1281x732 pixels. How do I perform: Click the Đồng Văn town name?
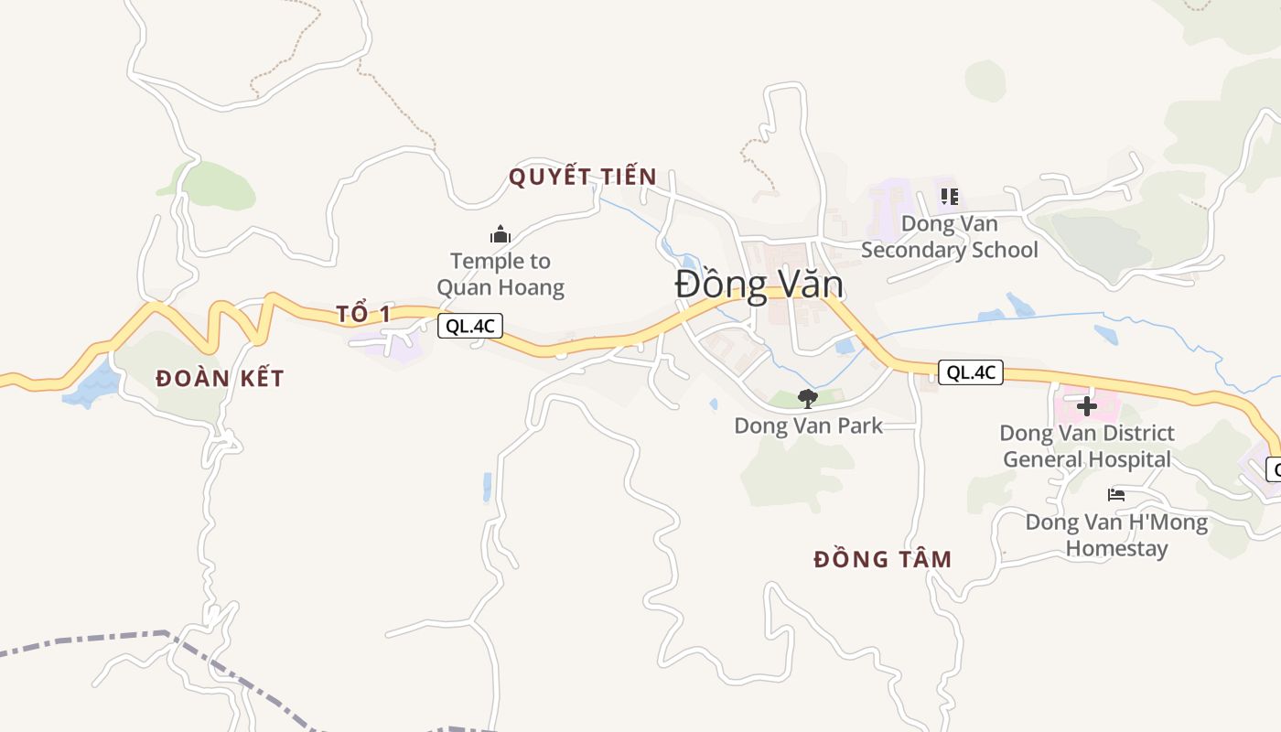(x=759, y=285)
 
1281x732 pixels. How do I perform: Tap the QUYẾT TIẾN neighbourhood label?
(x=583, y=177)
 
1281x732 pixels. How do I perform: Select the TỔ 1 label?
(x=363, y=314)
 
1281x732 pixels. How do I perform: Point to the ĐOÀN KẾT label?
(x=220, y=378)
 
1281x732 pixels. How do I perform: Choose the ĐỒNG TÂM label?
(x=883, y=559)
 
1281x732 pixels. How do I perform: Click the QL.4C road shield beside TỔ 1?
(x=470, y=326)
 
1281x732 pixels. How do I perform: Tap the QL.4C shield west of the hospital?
(x=971, y=372)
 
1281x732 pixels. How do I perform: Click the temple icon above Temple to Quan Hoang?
(x=500, y=235)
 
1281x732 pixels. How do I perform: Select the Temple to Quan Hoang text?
(x=501, y=274)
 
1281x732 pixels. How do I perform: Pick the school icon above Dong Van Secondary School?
(x=949, y=197)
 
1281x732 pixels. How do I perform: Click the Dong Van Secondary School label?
(x=950, y=237)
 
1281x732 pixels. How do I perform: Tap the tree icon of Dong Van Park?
(x=807, y=398)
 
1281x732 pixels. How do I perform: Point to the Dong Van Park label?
(x=809, y=425)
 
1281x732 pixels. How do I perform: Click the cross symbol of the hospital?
(x=1087, y=406)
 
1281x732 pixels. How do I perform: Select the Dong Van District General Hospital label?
(x=1087, y=446)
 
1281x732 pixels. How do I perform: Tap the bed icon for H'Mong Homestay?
(x=1116, y=495)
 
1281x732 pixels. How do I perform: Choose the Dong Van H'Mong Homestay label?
(x=1116, y=536)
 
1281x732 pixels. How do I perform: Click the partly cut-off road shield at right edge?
(x=1274, y=469)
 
